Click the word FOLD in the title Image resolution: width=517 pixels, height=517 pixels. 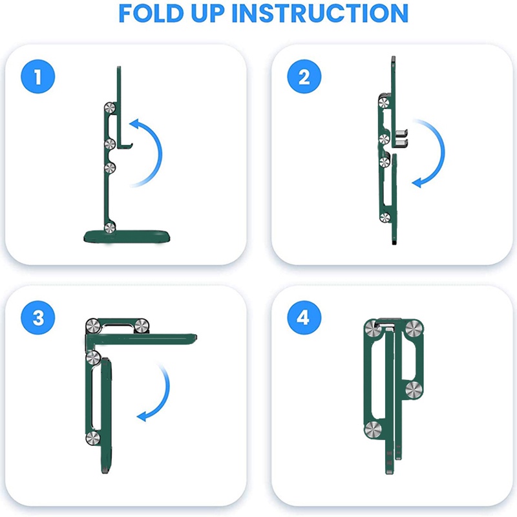[151, 13]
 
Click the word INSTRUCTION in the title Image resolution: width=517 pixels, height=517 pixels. [320, 13]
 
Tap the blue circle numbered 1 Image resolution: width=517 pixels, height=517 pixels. [38, 76]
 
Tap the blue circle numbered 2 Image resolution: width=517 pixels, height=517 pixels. [304, 76]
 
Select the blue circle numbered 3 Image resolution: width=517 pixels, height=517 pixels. [38, 318]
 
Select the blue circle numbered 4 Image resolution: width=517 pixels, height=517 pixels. [304, 318]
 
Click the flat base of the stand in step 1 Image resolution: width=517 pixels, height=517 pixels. [127, 237]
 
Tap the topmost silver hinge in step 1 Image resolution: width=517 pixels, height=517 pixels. [110, 108]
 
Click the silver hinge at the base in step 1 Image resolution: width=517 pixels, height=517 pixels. [110, 227]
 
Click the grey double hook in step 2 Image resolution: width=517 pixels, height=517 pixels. [401, 138]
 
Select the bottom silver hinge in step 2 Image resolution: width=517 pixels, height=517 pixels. [385, 217]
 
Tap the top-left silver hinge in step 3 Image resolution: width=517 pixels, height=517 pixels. [93, 326]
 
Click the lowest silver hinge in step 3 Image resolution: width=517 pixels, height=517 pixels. [93, 438]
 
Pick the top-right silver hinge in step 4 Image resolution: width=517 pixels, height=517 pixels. [414, 328]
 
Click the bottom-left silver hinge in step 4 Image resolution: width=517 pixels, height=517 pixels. [374, 430]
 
